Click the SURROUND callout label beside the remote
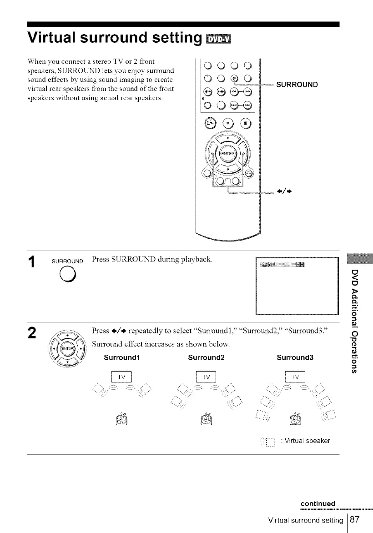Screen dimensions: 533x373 297,85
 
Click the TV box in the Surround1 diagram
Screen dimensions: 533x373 121,377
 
